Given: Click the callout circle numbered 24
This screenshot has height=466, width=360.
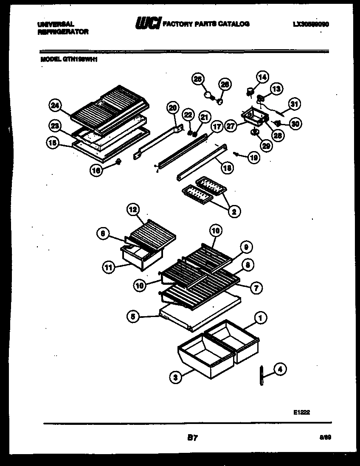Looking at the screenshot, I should coord(54,106).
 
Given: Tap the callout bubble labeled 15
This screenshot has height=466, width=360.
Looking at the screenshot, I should coord(51,144).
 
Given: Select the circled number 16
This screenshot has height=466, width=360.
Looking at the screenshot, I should coord(96,170).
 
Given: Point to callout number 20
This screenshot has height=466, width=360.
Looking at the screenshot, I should coord(172,109).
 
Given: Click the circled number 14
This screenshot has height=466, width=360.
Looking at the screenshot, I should coord(262,77).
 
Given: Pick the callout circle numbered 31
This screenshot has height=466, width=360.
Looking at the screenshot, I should coord(294,103).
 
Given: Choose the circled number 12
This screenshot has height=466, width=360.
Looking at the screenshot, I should coord(133,209).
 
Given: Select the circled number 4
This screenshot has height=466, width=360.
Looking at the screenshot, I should coord(279,370).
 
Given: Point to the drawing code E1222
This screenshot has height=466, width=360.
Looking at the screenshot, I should coord(301,411).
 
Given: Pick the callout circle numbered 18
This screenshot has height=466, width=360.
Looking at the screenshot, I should coord(228,168).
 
